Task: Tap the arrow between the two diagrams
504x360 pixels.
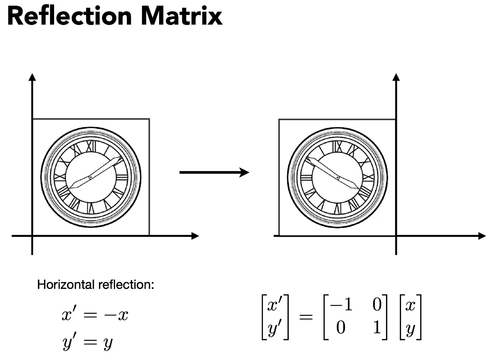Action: click(x=214, y=173)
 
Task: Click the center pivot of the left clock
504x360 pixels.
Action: click(x=90, y=177)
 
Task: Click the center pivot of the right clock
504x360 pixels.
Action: click(x=338, y=177)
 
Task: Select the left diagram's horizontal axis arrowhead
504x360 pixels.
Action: click(x=195, y=236)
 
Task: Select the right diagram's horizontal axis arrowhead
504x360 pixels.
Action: click(x=482, y=236)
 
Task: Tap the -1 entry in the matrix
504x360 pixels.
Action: click(x=341, y=305)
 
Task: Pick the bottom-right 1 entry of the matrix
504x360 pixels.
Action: click(x=376, y=328)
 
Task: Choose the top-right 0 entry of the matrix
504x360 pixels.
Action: click(x=377, y=305)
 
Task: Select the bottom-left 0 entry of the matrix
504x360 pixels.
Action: click(x=341, y=328)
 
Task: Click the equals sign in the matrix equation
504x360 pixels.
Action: click(x=306, y=317)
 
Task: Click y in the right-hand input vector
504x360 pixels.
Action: click(x=410, y=329)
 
